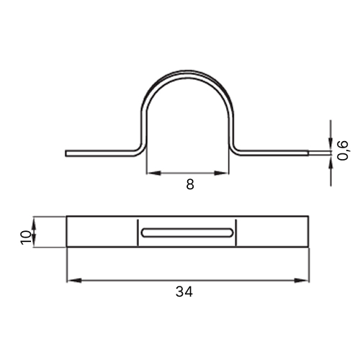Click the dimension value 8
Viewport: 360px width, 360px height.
pos(190,184)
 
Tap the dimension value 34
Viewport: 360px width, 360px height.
pos(184,292)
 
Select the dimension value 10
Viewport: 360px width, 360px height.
pos(26,238)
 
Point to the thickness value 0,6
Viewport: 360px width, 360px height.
pos(342,150)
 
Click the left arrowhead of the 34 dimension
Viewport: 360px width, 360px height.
pos(74,280)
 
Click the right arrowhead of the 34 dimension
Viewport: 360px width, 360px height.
pos(302,280)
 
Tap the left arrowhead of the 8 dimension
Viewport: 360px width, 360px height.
pos(154,173)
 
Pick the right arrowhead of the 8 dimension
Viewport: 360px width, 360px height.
pos(222,173)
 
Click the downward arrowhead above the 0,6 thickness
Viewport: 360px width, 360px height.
pos(330,143)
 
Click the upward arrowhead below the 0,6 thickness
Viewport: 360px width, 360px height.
pos(330,163)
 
